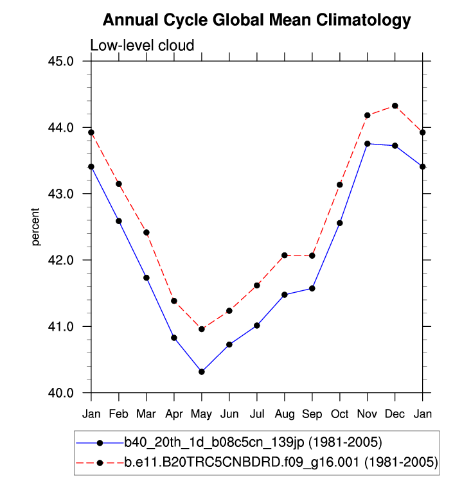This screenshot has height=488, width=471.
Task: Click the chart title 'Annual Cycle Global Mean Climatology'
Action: point(256,21)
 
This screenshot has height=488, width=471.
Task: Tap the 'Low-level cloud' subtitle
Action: point(142,45)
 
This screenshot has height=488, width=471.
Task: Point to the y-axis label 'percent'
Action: point(36,227)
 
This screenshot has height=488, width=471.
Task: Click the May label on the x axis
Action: point(202,413)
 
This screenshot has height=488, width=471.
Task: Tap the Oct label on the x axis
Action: point(339,413)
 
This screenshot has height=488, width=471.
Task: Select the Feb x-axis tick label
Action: point(119,413)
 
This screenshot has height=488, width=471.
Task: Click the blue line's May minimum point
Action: point(202,372)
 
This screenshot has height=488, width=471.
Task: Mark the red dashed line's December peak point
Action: point(395,106)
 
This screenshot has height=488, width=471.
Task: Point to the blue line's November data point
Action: point(367,144)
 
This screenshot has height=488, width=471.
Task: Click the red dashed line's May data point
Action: point(202,329)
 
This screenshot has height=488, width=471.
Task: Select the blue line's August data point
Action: point(284,295)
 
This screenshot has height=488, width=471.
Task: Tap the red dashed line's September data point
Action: point(312,256)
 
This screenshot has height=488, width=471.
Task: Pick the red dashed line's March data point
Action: point(147,232)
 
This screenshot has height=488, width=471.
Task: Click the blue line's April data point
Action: point(174,338)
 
